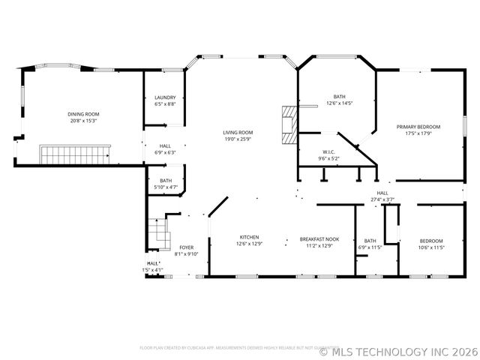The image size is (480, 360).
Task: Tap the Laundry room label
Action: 165,97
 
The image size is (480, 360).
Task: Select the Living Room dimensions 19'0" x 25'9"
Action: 238,139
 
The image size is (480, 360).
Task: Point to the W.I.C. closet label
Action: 329,152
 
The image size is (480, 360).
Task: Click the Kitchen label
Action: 249,237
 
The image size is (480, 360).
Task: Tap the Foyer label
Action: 185,248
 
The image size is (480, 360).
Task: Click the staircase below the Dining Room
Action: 75,155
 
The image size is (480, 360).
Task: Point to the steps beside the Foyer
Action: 159,232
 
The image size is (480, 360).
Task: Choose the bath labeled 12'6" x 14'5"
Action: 339,100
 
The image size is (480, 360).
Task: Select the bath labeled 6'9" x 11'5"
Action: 370,243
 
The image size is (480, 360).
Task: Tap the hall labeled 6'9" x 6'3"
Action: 165,149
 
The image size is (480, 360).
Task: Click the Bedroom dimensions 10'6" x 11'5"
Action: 431,247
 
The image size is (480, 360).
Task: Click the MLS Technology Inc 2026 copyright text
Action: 398,351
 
